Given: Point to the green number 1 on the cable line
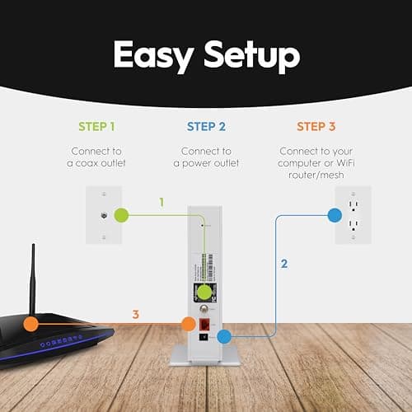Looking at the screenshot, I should click(162, 201).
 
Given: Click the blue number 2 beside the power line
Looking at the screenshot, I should click(284, 265).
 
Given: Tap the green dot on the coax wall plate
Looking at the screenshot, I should click(121, 216).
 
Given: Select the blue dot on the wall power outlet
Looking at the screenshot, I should click(334, 215).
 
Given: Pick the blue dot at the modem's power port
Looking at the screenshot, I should click(222, 336).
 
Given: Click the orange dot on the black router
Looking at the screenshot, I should click(30, 323).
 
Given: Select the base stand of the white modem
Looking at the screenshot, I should click(206, 354).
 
